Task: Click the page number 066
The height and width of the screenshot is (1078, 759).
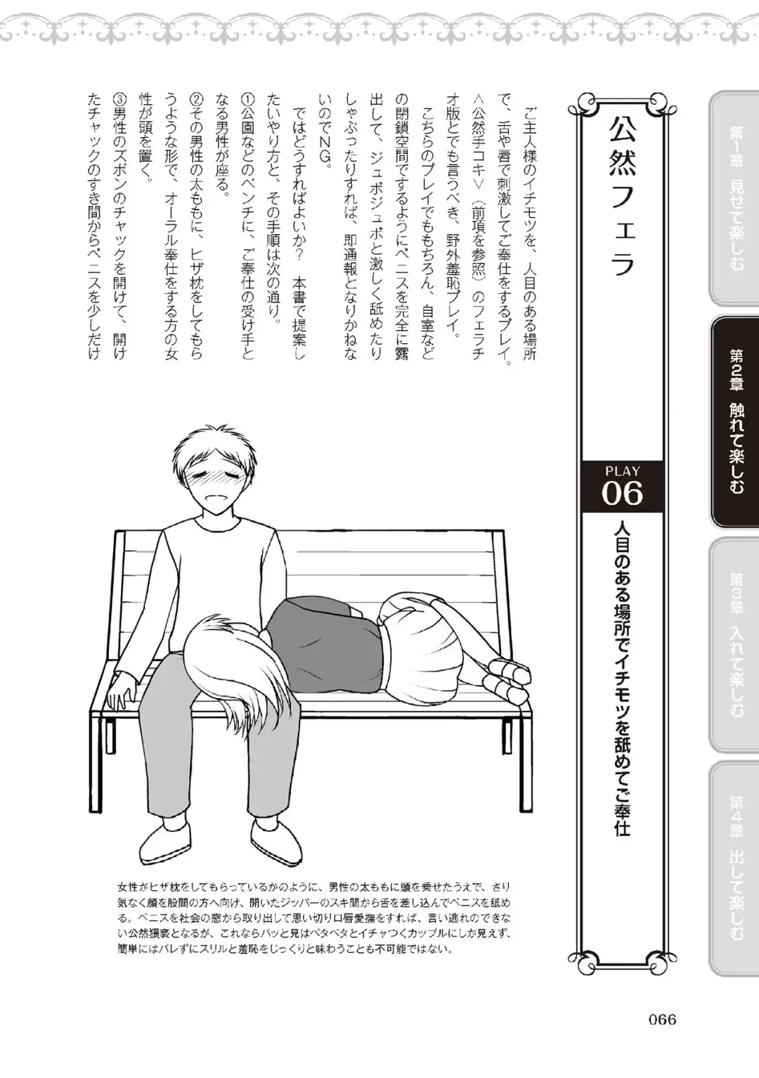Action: [657, 1019]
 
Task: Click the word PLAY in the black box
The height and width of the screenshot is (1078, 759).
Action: [622, 471]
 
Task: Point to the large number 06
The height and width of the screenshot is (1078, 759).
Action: [622, 494]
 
